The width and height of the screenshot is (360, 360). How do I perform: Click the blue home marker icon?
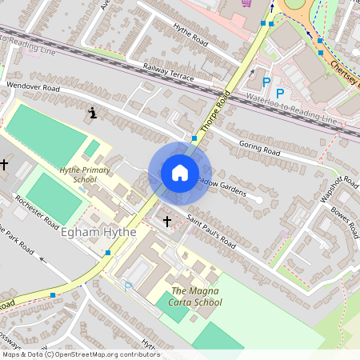click(x=180, y=173)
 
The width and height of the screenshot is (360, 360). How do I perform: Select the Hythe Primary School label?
click(x=78, y=174)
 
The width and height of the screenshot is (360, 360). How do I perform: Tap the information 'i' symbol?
click(x=94, y=114)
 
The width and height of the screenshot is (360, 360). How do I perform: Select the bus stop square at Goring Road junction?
click(x=194, y=138)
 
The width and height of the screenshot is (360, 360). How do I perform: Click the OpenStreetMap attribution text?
click(x=80, y=354)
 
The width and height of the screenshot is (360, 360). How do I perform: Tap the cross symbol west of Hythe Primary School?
click(x=5, y=164)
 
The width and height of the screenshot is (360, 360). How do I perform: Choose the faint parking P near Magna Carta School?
click(x=127, y=286)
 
